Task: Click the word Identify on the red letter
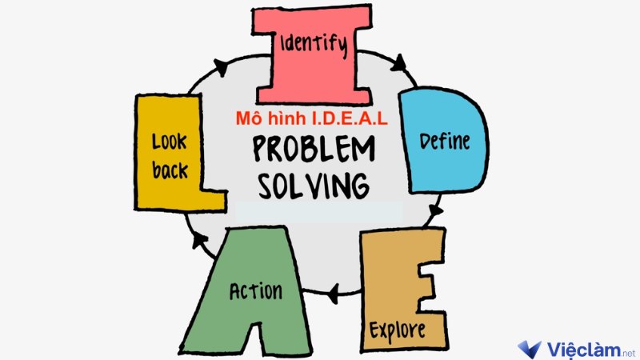pyautogui.click(x=314, y=44)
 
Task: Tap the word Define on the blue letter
pyautogui.click(x=445, y=142)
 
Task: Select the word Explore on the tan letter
pyautogui.click(x=397, y=330)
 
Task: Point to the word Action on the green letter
pyautogui.click(x=255, y=291)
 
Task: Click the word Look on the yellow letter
pyautogui.click(x=170, y=142)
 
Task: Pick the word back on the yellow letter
pyautogui.click(x=170, y=170)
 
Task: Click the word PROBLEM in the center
pyautogui.click(x=314, y=149)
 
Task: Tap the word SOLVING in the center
pyautogui.click(x=314, y=186)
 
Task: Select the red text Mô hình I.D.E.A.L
pyautogui.click(x=312, y=118)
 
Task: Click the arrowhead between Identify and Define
pyautogui.click(x=398, y=63)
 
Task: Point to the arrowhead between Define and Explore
pyautogui.click(x=435, y=210)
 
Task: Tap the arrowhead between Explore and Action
pyautogui.click(x=334, y=294)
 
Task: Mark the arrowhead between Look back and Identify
pyautogui.click(x=221, y=67)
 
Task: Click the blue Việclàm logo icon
pyautogui.click(x=530, y=349)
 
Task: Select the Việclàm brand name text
pyautogui.click(x=584, y=350)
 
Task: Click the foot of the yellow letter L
pyautogui.click(x=213, y=201)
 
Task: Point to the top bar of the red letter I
pyautogui.click(x=312, y=19)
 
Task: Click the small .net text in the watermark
pyautogui.click(x=629, y=353)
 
